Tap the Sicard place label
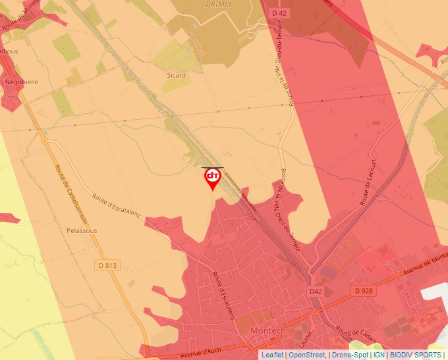coord(176,76)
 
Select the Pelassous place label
coord(82,231)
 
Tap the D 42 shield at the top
coord(279,13)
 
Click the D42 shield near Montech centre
coord(316,291)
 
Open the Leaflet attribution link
coord(272,355)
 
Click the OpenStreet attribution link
coord(307,355)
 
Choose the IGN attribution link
coord(379,355)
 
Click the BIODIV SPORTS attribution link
coord(416,355)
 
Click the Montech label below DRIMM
coord(196,45)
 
